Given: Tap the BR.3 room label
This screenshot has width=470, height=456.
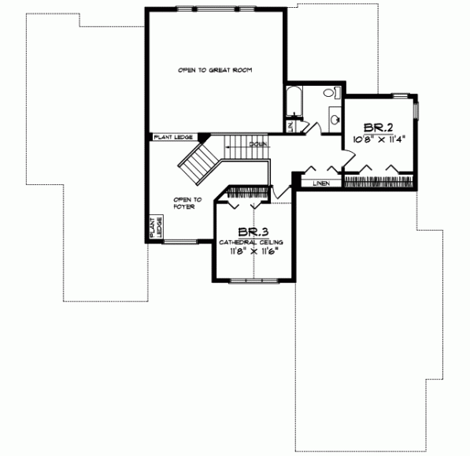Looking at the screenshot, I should (x=250, y=232).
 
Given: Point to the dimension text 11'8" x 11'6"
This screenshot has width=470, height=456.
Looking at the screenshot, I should (x=254, y=251).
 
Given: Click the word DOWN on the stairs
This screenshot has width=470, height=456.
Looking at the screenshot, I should (x=258, y=144).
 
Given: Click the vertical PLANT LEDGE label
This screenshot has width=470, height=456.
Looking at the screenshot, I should (x=155, y=228).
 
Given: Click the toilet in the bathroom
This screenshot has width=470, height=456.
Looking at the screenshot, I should (x=329, y=94).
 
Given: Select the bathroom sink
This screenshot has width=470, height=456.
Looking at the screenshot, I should (x=334, y=120).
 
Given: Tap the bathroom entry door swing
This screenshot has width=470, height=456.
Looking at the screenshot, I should (x=310, y=127).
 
